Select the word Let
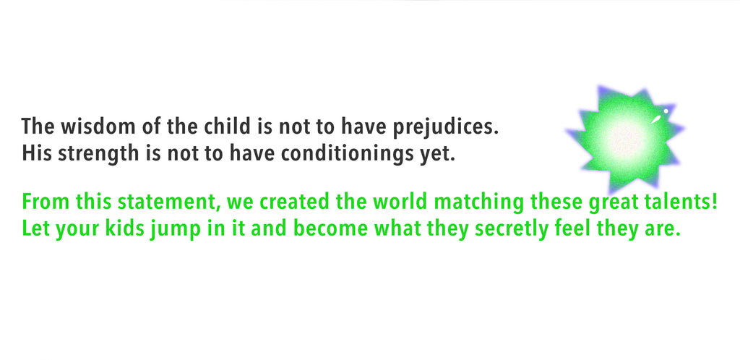tap(35, 228)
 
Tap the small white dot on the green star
tap(666, 111)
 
